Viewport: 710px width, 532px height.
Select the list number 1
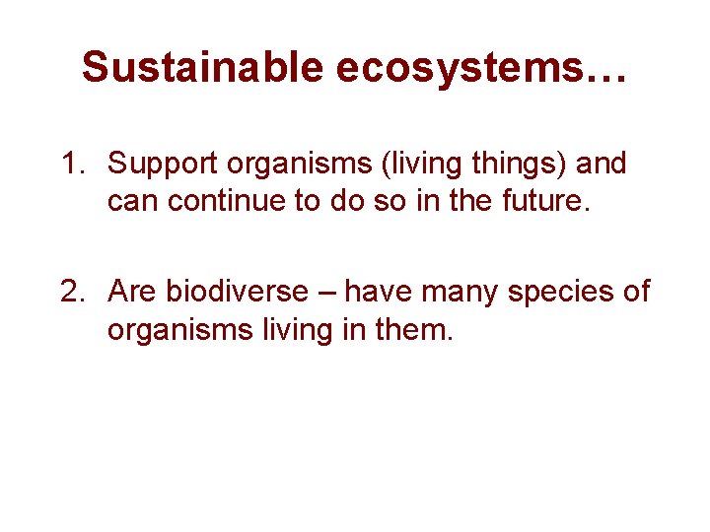(71, 164)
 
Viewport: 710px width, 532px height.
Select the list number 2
(71, 292)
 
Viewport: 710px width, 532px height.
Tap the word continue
(233, 202)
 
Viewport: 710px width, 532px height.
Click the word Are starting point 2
(133, 292)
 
